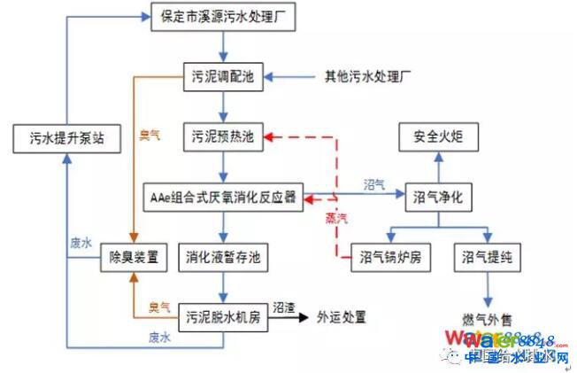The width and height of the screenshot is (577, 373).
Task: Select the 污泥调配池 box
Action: (223, 76)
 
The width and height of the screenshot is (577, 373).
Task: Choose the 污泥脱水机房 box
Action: (223, 315)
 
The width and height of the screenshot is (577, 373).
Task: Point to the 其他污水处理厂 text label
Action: (369, 77)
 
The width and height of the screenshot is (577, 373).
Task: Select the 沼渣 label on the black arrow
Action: (283, 304)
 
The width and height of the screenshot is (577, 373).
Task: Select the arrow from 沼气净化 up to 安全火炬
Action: (439, 167)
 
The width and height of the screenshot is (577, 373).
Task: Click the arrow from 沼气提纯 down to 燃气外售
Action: (488, 288)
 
